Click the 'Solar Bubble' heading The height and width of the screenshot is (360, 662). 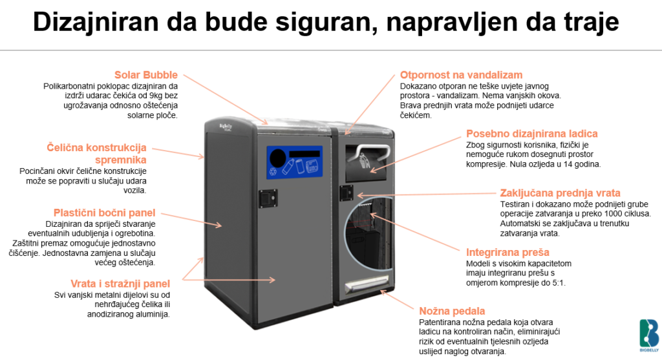146,75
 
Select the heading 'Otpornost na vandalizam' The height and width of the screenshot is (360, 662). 461,75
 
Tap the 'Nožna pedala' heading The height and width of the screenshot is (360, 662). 452,311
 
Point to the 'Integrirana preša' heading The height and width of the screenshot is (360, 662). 507,252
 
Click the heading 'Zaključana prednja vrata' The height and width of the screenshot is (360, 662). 561,193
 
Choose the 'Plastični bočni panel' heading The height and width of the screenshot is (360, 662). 104,213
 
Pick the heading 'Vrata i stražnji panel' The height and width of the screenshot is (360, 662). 120,284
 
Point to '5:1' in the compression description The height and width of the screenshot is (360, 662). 555,282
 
